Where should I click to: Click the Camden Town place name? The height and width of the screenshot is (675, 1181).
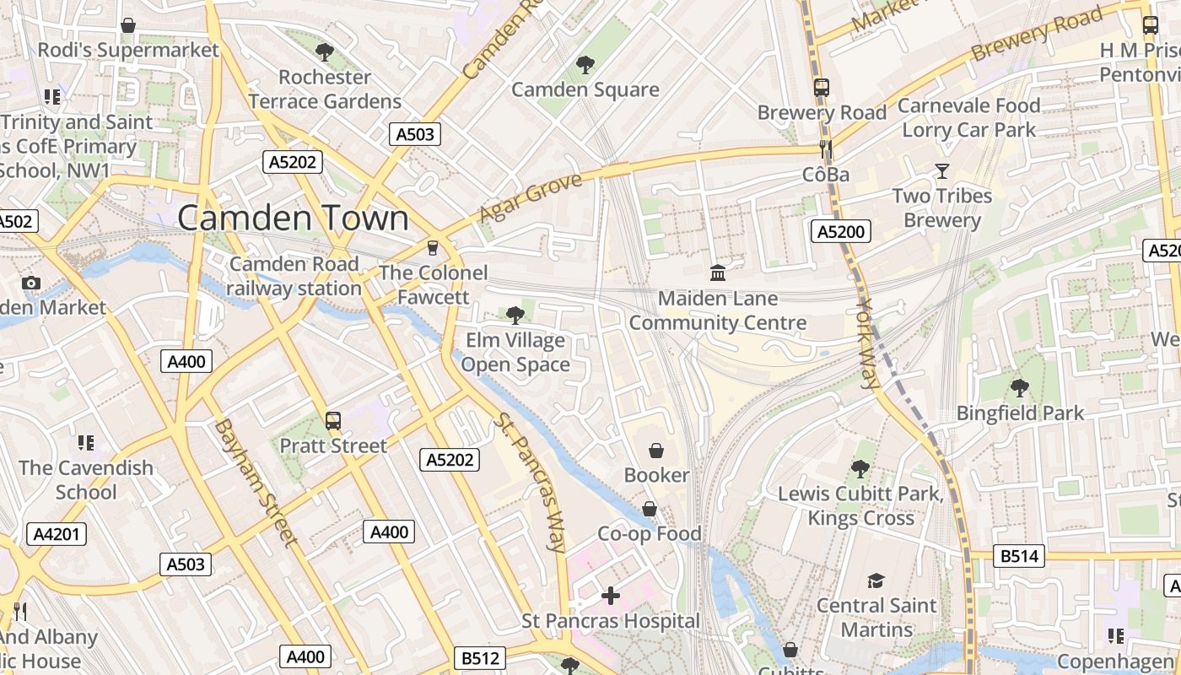(x=293, y=219)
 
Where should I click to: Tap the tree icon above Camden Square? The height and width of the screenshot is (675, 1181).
(x=584, y=65)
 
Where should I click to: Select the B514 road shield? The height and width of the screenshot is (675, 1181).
(x=1019, y=556)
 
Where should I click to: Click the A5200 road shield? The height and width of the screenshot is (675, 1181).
(x=840, y=231)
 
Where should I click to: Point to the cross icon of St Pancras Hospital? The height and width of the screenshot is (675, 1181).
(x=610, y=596)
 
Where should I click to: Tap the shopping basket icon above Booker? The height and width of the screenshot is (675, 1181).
(x=655, y=451)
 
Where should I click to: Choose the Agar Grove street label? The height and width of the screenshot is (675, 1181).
(x=530, y=198)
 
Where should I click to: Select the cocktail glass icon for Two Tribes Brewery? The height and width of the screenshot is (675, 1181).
(x=941, y=172)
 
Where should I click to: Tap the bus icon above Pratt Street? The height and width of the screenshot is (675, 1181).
(x=332, y=421)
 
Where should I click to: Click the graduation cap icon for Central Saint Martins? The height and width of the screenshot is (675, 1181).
(x=876, y=580)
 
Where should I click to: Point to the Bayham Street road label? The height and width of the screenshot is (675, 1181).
(x=255, y=482)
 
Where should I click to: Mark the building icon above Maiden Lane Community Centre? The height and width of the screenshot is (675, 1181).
(x=718, y=273)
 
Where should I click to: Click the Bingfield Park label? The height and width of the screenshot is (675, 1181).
(x=1019, y=413)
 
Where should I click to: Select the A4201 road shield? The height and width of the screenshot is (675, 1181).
(x=57, y=534)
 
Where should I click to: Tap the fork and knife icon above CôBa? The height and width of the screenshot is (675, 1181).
(x=825, y=150)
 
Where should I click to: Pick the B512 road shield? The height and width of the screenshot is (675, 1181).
(x=481, y=658)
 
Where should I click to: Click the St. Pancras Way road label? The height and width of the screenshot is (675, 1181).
(x=531, y=483)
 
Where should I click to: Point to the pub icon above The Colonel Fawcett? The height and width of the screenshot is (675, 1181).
(x=433, y=247)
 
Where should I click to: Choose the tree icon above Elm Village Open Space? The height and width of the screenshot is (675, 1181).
(x=515, y=316)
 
